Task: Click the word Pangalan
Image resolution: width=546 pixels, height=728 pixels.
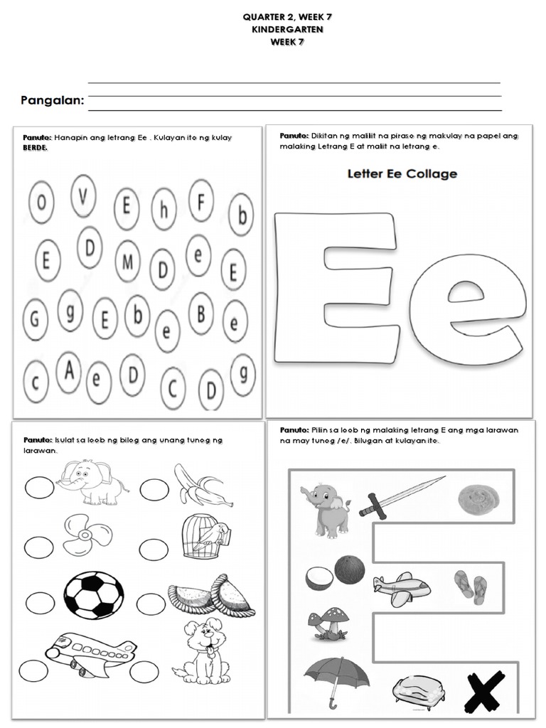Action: [x=52, y=102]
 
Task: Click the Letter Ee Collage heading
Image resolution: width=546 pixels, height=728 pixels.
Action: [x=402, y=173]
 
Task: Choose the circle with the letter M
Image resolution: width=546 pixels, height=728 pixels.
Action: [x=128, y=262]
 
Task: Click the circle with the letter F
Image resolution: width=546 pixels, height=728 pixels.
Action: [x=201, y=200]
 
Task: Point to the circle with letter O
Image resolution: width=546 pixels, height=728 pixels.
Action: [x=41, y=203]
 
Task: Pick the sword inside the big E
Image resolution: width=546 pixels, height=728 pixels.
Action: [x=401, y=496]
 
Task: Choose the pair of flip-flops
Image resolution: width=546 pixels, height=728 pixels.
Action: [x=471, y=587]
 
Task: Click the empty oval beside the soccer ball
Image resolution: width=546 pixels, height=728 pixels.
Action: [x=41, y=603]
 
